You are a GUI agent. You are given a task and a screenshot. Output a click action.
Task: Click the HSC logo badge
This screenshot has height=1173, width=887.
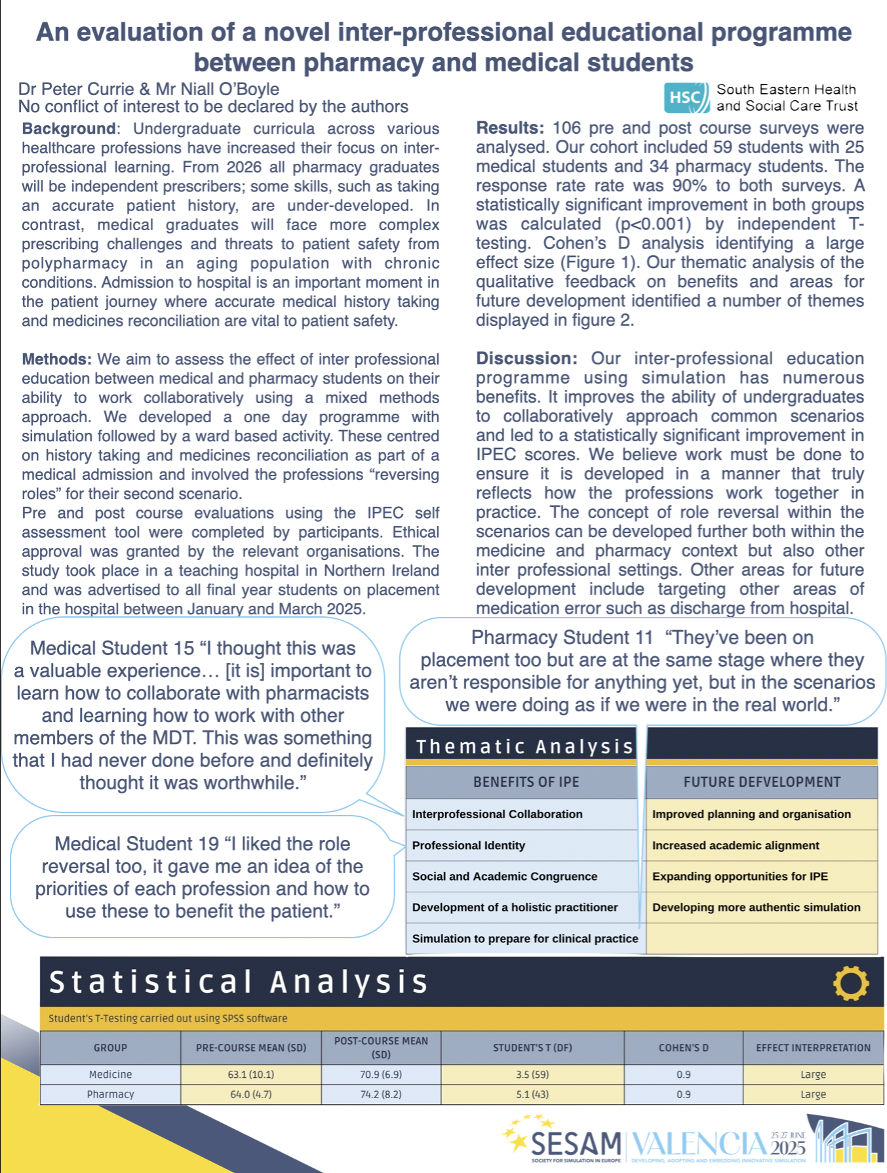[686, 98]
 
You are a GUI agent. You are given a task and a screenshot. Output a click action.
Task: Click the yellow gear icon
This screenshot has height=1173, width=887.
[850, 984]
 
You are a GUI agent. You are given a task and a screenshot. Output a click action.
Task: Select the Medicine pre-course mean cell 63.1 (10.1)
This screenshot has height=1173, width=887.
[250, 1075]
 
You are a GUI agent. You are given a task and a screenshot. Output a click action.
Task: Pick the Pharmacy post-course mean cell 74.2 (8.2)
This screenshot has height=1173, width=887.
[381, 1094]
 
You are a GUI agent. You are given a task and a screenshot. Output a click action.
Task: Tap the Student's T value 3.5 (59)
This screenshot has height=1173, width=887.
[532, 1075]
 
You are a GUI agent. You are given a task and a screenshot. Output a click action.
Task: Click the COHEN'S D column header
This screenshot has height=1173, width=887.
[683, 1048]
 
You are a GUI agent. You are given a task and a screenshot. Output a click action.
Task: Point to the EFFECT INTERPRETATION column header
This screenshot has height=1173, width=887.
[813, 1048]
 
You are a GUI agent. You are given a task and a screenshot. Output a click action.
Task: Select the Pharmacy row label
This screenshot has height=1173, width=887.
[110, 1094]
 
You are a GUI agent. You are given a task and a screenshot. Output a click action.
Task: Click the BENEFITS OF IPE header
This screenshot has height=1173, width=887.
[526, 782]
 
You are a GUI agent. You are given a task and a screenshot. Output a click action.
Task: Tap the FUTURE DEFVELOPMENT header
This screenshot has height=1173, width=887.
[762, 782]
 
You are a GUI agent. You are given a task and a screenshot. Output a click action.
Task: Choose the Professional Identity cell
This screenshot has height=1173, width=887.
[469, 845]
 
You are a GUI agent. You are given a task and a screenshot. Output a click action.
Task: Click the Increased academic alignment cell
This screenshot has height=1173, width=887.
[736, 845]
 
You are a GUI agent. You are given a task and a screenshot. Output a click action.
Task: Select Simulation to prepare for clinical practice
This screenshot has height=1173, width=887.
[525, 938]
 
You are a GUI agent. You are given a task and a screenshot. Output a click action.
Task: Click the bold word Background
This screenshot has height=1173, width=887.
[69, 129]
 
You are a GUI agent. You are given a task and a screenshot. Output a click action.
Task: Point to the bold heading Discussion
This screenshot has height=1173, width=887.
[526, 359]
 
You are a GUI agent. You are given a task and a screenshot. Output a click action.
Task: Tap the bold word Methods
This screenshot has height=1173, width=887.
[56, 359]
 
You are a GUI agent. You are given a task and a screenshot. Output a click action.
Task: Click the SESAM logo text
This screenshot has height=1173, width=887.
[576, 1144]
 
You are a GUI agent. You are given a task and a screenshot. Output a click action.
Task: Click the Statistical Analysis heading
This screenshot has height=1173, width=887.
[239, 982]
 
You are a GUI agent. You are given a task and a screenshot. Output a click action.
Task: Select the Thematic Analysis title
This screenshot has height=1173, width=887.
[524, 747]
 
